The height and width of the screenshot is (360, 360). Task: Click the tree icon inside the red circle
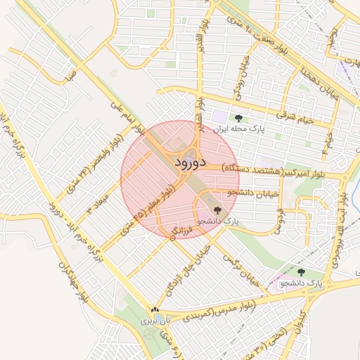point(216,210)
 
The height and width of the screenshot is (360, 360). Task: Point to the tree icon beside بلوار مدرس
point(301,272)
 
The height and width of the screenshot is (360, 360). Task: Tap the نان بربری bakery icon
point(155,309)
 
